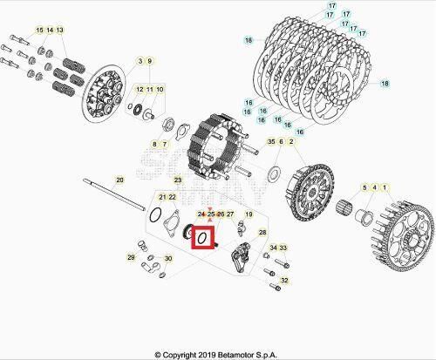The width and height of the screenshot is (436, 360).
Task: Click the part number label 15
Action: (x=39, y=31)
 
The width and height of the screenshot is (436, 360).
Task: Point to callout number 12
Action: (x=139, y=90)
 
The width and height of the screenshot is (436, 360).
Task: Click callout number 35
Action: (x=271, y=141)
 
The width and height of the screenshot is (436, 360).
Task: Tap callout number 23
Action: (x=178, y=180)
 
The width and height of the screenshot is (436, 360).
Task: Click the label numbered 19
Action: (x=249, y=214)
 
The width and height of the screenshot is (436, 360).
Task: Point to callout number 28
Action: (x=262, y=234)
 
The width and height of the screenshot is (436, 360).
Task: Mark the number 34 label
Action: (x=273, y=249)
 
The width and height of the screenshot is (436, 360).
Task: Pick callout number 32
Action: (x=285, y=280)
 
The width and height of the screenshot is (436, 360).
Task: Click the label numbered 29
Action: (x=132, y=258)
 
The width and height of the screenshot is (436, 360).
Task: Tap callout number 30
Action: (x=167, y=259)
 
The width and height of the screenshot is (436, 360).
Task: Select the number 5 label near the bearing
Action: (x=363, y=187)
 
